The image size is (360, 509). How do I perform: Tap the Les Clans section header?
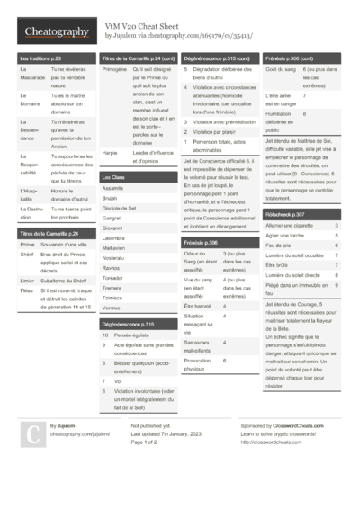point(113,178)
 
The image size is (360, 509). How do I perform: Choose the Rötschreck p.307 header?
point(286,214)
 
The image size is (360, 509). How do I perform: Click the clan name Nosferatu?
point(113,257)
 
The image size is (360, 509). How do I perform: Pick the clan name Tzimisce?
point(113,297)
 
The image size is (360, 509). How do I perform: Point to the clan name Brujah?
point(111,198)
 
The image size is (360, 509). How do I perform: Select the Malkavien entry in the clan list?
point(114,247)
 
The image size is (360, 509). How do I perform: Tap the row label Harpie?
point(110,153)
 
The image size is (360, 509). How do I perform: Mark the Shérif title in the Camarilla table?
point(26,254)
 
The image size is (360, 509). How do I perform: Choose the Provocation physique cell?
point(200,364)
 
